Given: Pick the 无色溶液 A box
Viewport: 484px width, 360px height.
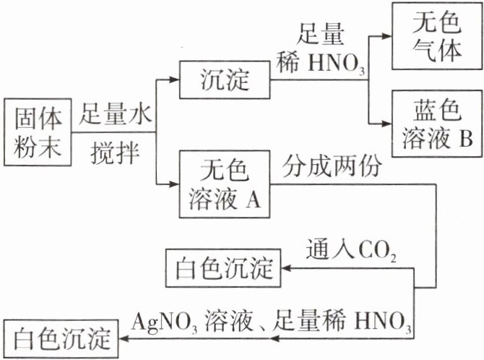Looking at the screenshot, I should pos(223,185).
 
